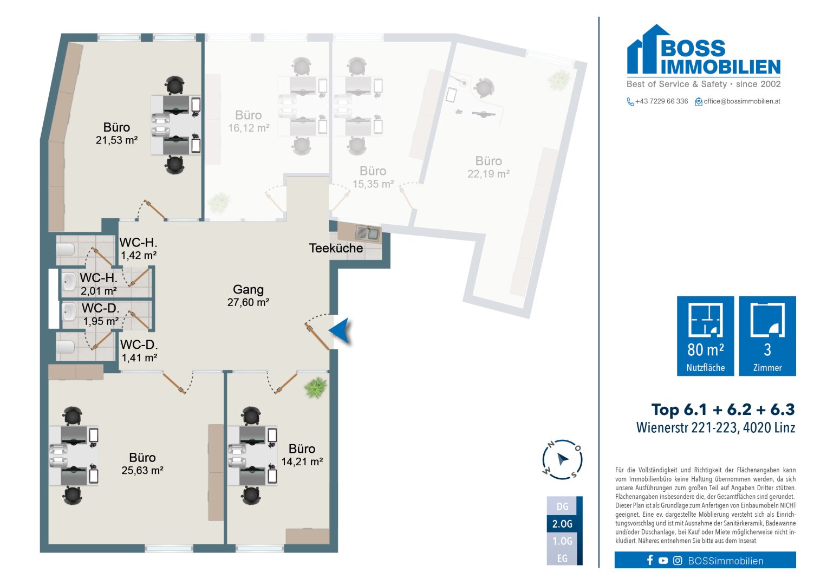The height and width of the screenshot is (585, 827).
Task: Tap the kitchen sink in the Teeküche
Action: click(367, 233)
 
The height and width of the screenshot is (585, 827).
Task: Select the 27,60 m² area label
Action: click(248, 302)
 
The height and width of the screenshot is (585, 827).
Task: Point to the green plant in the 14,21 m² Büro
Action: click(316, 387)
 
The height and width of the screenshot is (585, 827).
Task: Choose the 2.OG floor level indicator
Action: click(562, 524)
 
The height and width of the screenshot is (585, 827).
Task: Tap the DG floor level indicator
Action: click(562, 506)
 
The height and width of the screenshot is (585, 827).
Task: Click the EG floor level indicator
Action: click(562, 558)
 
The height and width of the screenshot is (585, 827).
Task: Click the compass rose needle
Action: click(563, 459)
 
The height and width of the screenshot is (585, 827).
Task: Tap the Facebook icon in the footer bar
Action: click(650, 560)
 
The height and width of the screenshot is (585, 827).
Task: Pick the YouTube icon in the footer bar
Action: click(663, 561)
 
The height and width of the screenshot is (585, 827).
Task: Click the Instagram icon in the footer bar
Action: click(678, 561)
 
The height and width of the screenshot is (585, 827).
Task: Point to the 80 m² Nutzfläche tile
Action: click(705, 336)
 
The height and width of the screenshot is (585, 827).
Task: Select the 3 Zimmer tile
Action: click(767, 336)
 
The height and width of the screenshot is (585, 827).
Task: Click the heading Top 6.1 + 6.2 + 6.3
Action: click(723, 409)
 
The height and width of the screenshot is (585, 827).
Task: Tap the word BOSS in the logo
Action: click(693, 48)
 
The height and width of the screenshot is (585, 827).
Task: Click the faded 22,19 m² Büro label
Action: click(489, 167)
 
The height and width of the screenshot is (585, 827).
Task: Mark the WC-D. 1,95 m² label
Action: click(100, 314)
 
